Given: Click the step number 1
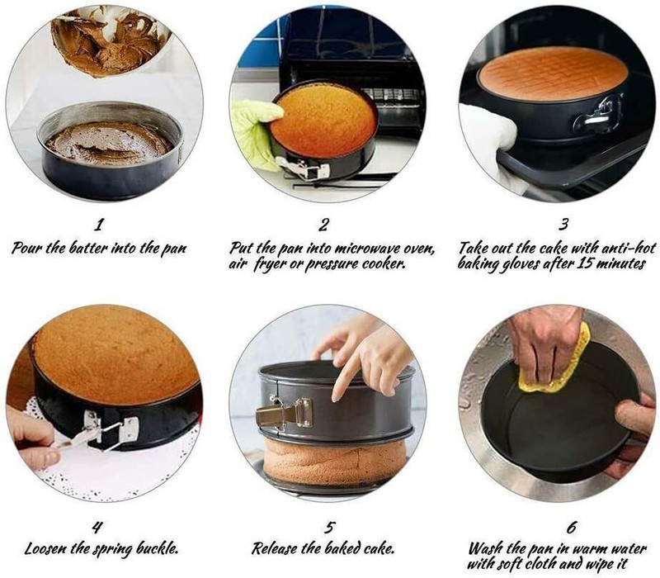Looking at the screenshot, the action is tap(98, 225).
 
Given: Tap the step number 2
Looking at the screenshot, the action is tap(323, 225).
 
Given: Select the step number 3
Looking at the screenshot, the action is tap(564, 224).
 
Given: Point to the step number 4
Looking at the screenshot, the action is tap(97, 528).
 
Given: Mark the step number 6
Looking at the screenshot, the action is tap(571, 528).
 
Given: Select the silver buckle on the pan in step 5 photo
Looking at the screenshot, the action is tap(285, 411).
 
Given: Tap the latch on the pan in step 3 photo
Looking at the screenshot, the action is tap(597, 115).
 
